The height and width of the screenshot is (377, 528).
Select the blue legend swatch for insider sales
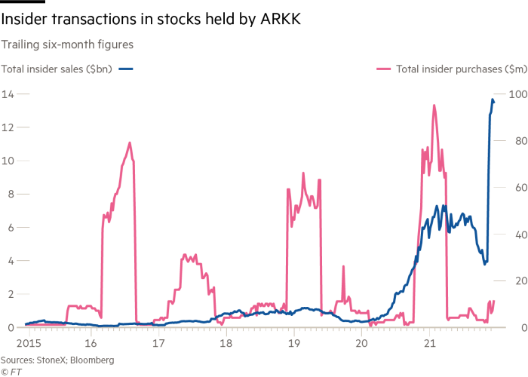click(126, 69)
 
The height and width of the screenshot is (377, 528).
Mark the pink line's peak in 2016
click(130, 143)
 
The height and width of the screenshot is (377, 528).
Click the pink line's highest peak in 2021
click(434, 106)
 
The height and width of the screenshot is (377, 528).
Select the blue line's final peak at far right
click(493, 100)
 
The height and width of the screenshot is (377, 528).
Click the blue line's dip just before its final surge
click(486, 264)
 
